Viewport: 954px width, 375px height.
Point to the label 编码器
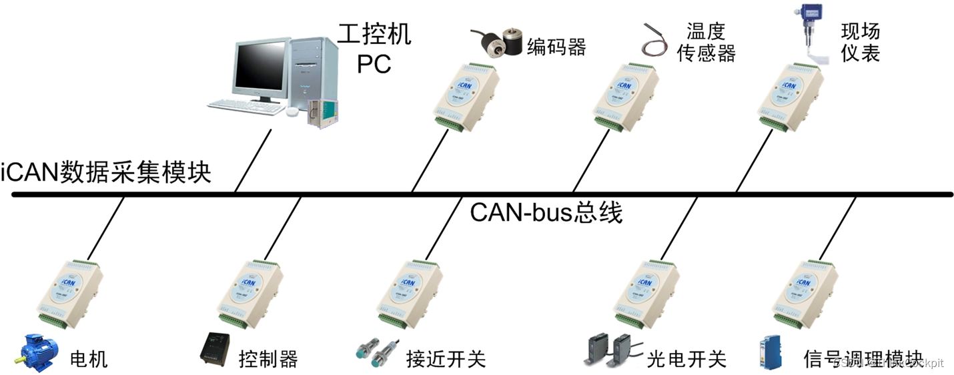556,47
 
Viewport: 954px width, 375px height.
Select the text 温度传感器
706,42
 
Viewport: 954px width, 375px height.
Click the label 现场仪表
861,42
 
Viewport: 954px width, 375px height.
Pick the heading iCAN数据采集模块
107,173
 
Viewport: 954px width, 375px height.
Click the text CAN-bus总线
546,214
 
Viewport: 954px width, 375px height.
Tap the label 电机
89,360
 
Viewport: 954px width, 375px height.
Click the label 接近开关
446,360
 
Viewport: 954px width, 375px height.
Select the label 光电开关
686,360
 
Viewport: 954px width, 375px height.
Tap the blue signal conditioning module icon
767,354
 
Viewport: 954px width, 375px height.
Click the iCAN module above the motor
69,291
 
